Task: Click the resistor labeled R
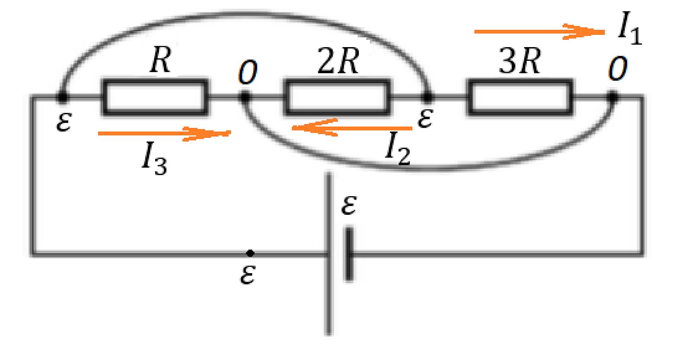[x=154, y=97]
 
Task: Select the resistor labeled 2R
[x=337, y=97]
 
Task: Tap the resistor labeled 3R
[x=520, y=97]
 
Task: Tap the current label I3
[x=154, y=160]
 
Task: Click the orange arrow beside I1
[x=539, y=32]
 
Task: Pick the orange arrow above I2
[x=352, y=128]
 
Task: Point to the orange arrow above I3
[x=164, y=133]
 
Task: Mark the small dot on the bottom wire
[x=250, y=253]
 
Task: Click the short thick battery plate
[x=349, y=255]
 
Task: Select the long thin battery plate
[x=329, y=254]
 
